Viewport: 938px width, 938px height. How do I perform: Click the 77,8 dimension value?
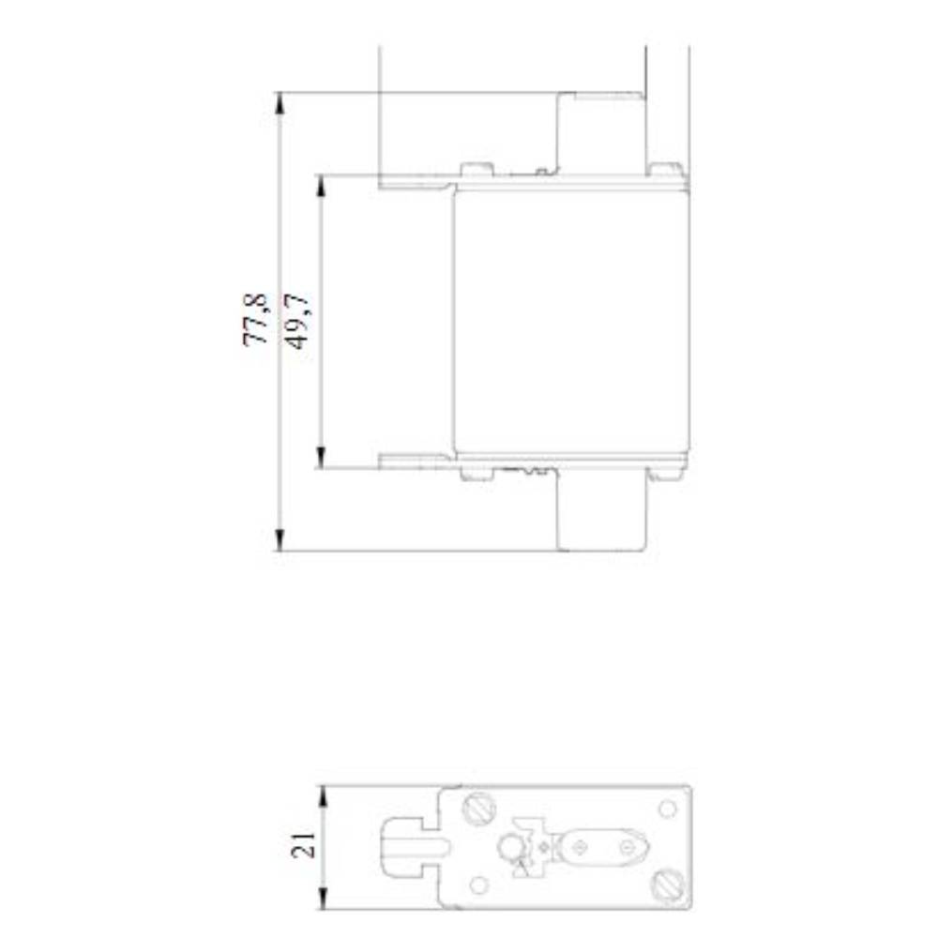point(255,320)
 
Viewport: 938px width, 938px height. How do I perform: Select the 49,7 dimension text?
point(298,321)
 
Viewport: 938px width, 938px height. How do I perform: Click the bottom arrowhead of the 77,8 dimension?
point(280,540)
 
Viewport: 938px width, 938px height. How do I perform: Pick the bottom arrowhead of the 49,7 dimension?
point(321,458)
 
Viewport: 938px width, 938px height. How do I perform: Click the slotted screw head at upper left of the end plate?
point(479,806)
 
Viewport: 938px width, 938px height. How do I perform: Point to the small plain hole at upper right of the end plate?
point(667,808)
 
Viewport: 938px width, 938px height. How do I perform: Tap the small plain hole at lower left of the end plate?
point(478,885)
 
